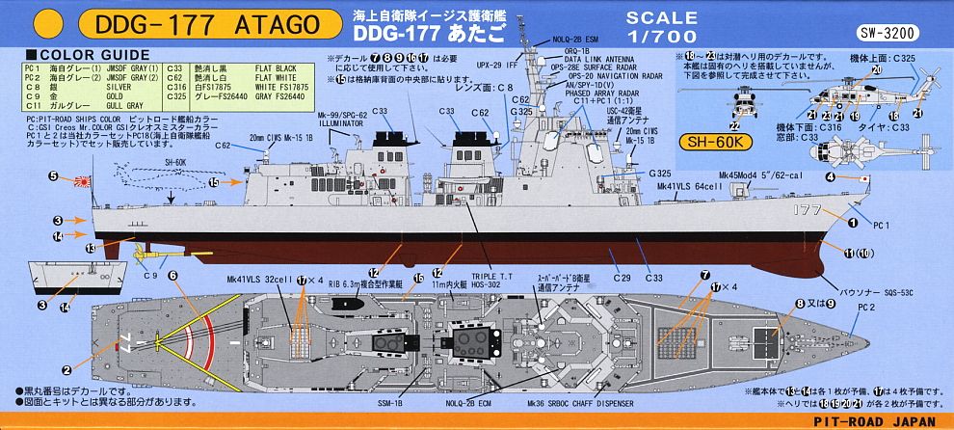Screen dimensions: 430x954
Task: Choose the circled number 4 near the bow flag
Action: tap(829, 176)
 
